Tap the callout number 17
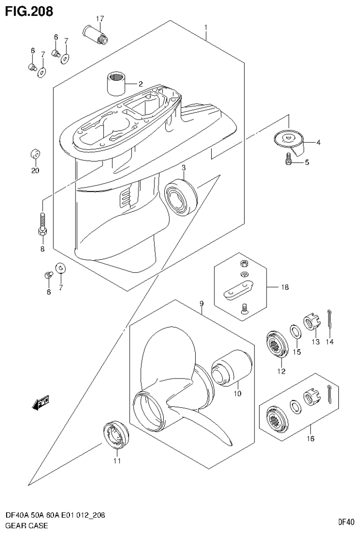point(100,19)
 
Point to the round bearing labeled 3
point(180,193)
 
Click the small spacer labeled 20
point(35,154)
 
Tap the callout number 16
point(310,439)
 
